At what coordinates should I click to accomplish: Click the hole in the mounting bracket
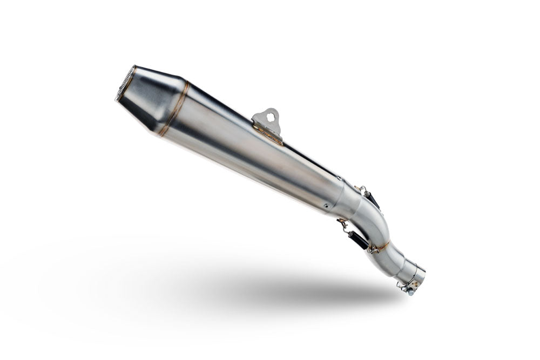[269, 114]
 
